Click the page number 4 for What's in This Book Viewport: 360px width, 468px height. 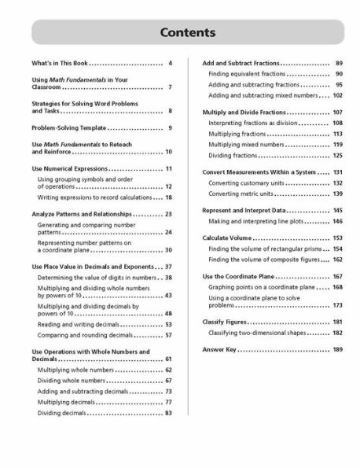point(170,62)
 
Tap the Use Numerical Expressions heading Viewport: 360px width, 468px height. point(69,170)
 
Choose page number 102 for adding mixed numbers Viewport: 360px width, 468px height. point(337,95)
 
